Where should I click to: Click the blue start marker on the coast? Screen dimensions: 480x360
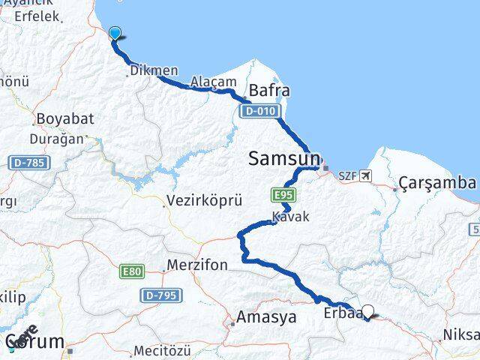tap(115, 32)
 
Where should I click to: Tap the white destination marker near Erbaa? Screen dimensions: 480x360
tap(367, 311)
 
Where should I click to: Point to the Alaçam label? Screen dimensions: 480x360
tap(214, 82)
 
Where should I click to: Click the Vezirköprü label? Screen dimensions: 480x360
tap(194, 201)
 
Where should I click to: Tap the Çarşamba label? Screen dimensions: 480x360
tap(437, 183)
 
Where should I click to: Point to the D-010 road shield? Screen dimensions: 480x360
tap(260, 111)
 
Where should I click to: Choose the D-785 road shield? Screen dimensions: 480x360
tap(29, 162)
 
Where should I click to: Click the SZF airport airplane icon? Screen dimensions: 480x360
tap(365, 175)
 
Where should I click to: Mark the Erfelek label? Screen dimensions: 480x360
tap(31, 16)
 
